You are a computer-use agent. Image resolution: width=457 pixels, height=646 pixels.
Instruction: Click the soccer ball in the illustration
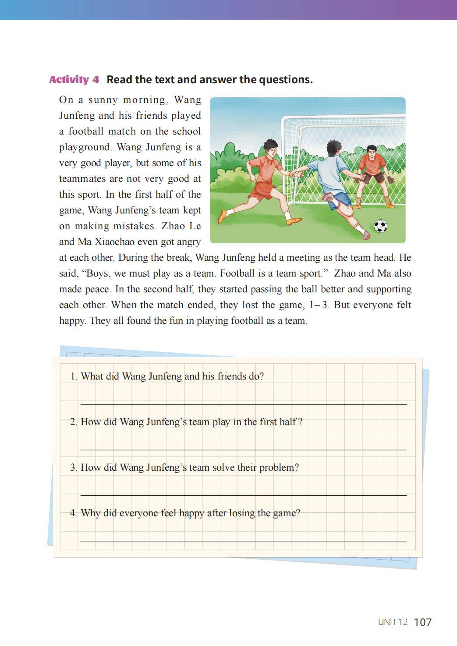click(380, 227)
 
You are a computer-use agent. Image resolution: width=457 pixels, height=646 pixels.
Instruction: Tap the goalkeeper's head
click(371, 153)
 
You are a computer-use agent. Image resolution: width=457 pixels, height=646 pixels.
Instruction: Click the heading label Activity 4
click(74, 80)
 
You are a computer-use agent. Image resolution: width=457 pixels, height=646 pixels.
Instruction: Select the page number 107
click(422, 622)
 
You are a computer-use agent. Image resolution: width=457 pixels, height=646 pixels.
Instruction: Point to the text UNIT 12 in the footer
click(393, 622)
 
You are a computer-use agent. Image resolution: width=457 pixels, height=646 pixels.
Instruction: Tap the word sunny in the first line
click(103, 100)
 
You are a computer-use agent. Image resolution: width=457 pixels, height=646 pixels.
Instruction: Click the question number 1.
click(73, 376)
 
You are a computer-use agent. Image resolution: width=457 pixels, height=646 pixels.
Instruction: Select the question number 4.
click(73, 513)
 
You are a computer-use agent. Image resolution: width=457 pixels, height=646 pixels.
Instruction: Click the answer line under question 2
click(243, 449)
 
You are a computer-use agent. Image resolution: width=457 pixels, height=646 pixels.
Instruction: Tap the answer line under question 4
click(243, 540)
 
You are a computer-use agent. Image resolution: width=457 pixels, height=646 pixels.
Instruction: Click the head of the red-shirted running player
click(270, 149)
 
